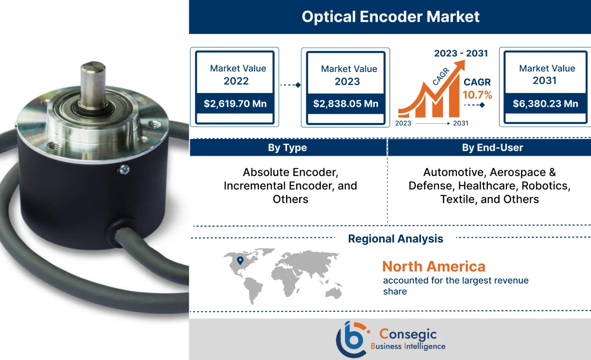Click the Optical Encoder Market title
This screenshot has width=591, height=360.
(x=390, y=17)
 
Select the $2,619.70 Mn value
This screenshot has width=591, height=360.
(x=235, y=103)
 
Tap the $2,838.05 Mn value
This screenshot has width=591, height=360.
(x=345, y=104)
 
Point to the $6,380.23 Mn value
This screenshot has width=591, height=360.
(x=545, y=103)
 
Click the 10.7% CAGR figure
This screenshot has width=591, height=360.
(x=478, y=95)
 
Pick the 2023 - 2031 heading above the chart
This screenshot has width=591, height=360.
(x=461, y=53)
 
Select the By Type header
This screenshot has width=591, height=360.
(x=287, y=147)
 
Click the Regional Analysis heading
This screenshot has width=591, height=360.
(x=395, y=238)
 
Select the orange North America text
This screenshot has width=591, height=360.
(x=433, y=266)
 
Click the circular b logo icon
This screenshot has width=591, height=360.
(x=351, y=339)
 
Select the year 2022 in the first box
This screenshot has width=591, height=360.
(x=236, y=81)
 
